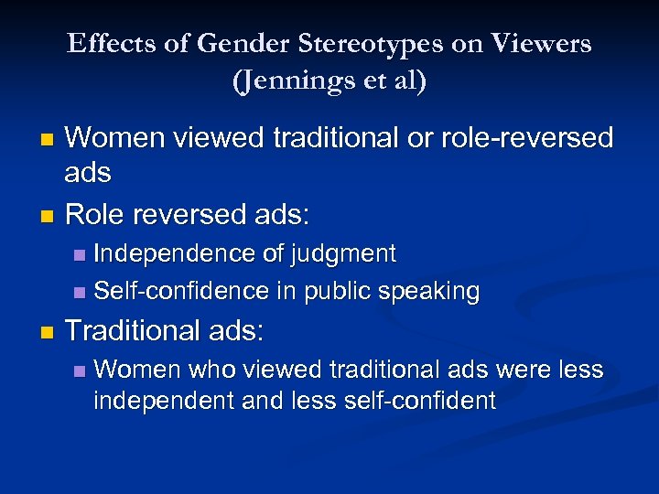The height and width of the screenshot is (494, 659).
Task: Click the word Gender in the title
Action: [x=219, y=43]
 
